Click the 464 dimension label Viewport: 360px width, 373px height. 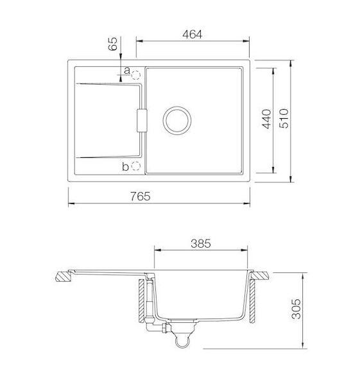[192, 35]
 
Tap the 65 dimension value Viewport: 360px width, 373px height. [113, 44]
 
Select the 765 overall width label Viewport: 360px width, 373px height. [141, 196]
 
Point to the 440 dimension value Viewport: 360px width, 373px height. [266, 119]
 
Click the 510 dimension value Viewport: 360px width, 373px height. [284, 119]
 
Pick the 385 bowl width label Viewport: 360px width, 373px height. [201, 243]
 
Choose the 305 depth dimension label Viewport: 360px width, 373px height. [296, 309]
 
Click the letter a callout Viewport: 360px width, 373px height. [127, 71]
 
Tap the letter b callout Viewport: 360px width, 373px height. [125, 166]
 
